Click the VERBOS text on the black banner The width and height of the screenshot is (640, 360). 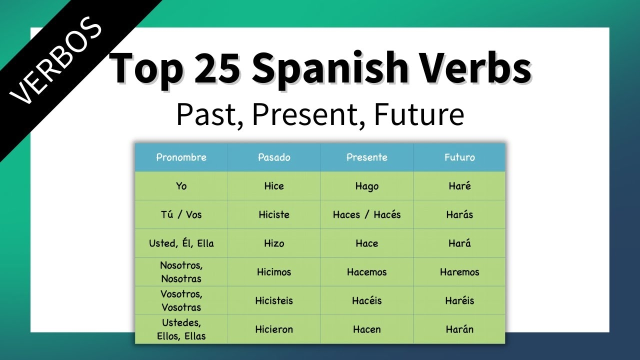point(56,63)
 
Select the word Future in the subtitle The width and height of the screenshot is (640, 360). point(419,114)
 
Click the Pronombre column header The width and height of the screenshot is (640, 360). point(181,157)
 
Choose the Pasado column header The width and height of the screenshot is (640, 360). point(274,157)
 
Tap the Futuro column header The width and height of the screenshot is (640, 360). point(459,157)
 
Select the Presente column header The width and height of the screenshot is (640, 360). point(367,157)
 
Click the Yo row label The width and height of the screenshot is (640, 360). point(181,186)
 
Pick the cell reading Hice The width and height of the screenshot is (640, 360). point(274,186)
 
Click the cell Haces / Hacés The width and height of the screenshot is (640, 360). point(367,214)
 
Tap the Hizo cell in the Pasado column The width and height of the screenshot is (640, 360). point(274,243)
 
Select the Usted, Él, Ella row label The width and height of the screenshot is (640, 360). point(181,243)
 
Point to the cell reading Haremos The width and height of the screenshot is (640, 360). point(459,272)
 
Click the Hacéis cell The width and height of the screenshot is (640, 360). point(367,300)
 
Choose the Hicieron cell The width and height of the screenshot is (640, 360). point(274,329)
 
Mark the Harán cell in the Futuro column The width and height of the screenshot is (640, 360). point(459,329)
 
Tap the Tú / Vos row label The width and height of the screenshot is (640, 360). point(181,214)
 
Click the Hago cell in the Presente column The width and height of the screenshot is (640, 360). point(367,186)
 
